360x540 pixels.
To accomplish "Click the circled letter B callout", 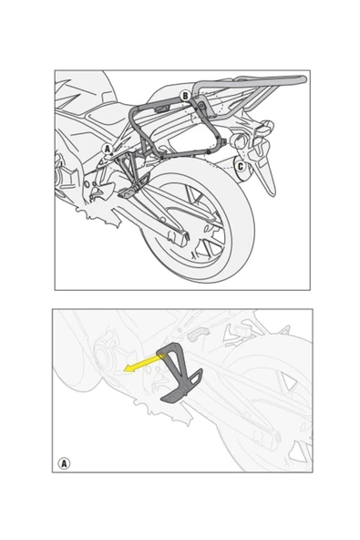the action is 185,96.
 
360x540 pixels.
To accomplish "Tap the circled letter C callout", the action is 241,166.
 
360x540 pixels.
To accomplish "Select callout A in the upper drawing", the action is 108,150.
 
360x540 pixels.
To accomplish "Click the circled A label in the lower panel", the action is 64,463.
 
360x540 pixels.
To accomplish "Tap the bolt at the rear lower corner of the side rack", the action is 209,152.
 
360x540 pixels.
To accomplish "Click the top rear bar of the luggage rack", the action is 251,81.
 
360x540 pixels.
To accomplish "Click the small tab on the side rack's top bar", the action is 161,109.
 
